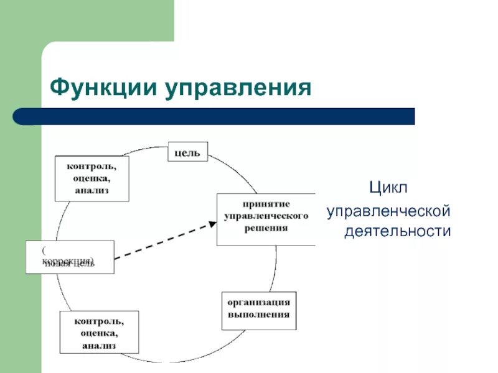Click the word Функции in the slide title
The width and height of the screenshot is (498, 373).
tap(103, 87)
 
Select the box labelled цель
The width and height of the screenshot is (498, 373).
tap(187, 152)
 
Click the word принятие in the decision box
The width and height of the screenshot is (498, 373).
tap(266, 203)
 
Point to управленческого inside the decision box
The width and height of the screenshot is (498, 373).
tap(266, 216)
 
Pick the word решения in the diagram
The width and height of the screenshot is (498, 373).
tap(266, 228)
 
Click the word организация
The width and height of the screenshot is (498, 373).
tap(258, 303)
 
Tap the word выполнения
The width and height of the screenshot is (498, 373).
tap(258, 315)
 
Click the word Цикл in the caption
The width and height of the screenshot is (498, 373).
tap(388, 187)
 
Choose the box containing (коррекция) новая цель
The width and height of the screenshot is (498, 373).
tap(70, 257)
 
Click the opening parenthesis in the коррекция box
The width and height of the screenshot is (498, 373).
tap(44, 249)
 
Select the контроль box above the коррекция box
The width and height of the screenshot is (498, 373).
tap(92, 178)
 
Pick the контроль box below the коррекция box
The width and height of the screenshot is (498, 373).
tap(99, 332)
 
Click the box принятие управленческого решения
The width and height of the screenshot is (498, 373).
tap(266, 219)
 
